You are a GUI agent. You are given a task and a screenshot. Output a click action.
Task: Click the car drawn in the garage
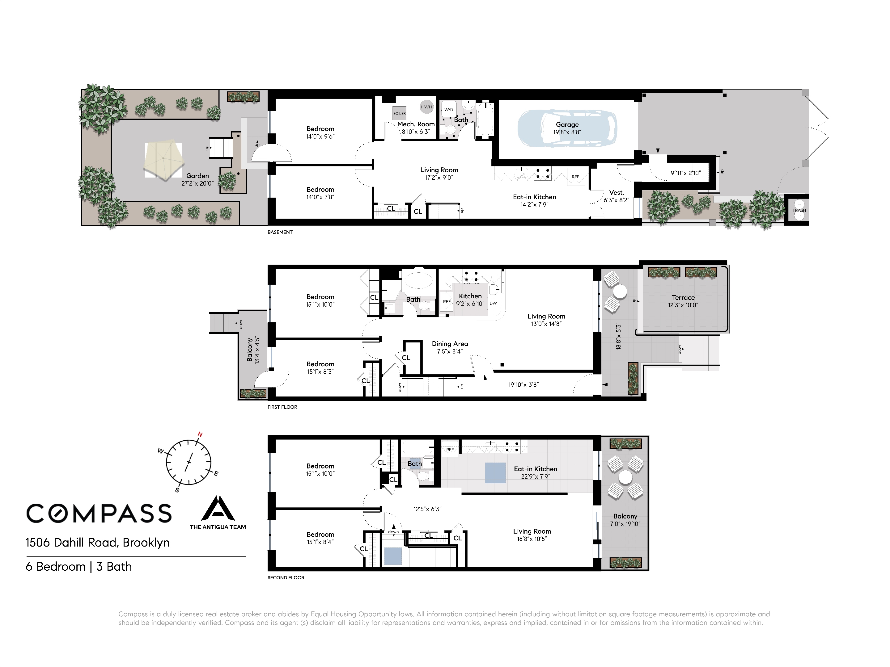tap(567, 128)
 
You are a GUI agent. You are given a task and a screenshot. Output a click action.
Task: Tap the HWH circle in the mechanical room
tap(426, 107)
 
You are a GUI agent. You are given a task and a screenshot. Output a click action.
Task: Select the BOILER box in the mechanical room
tap(400, 113)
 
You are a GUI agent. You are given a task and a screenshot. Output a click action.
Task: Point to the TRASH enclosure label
tap(799, 210)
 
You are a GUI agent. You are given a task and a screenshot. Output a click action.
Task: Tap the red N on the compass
tap(200, 434)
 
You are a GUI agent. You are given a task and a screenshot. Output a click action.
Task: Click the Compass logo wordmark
tap(99, 514)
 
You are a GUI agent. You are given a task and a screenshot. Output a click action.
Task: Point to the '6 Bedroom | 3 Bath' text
tap(79, 567)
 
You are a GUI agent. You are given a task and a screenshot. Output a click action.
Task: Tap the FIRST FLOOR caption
tap(282, 407)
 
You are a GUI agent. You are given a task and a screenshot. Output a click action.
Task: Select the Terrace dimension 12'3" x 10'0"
tap(683, 305)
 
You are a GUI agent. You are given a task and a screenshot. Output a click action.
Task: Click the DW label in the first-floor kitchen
tap(493, 303)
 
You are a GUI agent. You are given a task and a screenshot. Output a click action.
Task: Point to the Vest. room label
tap(617, 193)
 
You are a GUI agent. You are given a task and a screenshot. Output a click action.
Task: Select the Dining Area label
tap(450, 344)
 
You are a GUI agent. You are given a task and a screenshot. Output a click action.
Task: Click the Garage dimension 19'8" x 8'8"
tap(567, 132)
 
